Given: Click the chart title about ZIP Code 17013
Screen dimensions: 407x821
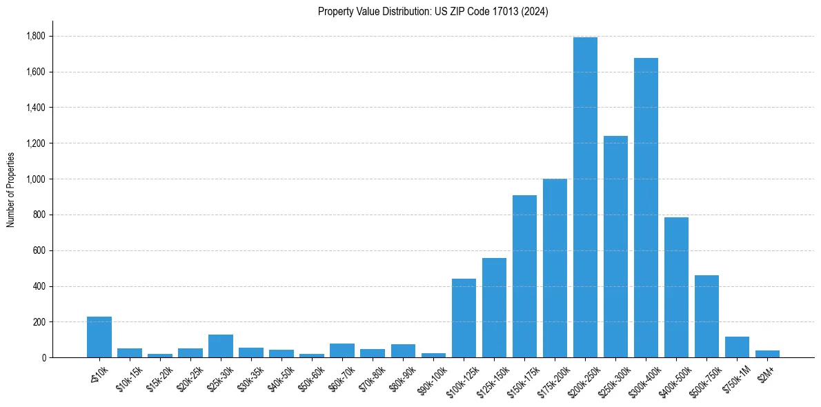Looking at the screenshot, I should click(433, 12).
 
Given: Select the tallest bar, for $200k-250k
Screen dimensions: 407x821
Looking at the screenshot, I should click(585, 197).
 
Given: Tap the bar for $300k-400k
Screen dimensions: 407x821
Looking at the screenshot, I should click(646, 208).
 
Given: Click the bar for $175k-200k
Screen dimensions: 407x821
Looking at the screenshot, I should click(555, 268).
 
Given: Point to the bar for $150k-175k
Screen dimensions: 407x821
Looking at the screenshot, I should click(524, 277).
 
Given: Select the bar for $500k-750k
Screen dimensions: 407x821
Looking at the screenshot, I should click(706, 317).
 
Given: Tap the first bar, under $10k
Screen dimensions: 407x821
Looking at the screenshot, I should click(99, 337).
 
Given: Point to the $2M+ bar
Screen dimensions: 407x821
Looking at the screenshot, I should click(767, 354).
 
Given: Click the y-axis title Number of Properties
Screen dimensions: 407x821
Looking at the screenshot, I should click(11, 190).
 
